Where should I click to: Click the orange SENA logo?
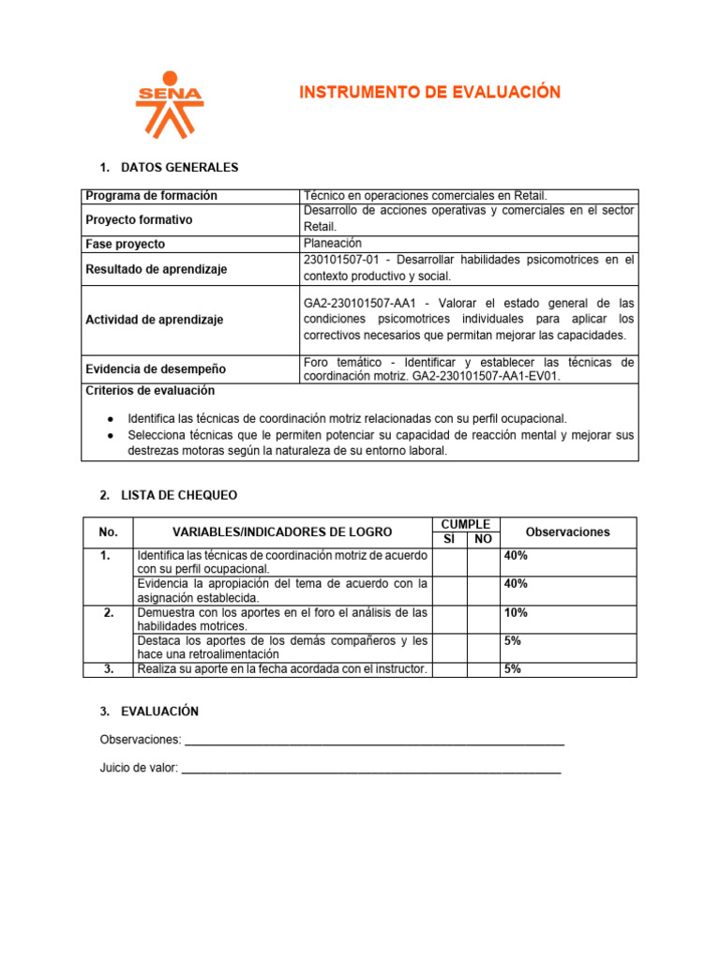click(169, 103)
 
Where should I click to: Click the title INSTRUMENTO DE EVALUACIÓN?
click(429, 92)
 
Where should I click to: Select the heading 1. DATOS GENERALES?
click(169, 168)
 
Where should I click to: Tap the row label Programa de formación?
click(151, 195)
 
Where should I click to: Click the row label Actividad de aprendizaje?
click(154, 320)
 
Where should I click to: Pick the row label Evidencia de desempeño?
click(155, 369)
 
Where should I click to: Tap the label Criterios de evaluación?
click(150, 390)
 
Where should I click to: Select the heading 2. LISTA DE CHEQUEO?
click(169, 494)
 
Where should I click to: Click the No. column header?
click(108, 532)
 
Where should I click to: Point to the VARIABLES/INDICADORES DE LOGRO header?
click(282, 532)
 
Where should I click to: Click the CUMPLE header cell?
click(465, 524)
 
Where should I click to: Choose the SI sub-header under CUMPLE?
click(449, 539)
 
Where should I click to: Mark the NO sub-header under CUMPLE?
click(483, 539)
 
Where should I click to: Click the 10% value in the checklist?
click(516, 612)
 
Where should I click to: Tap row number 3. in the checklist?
click(109, 668)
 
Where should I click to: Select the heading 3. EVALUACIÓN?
click(149, 712)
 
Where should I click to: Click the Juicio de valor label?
click(139, 768)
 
